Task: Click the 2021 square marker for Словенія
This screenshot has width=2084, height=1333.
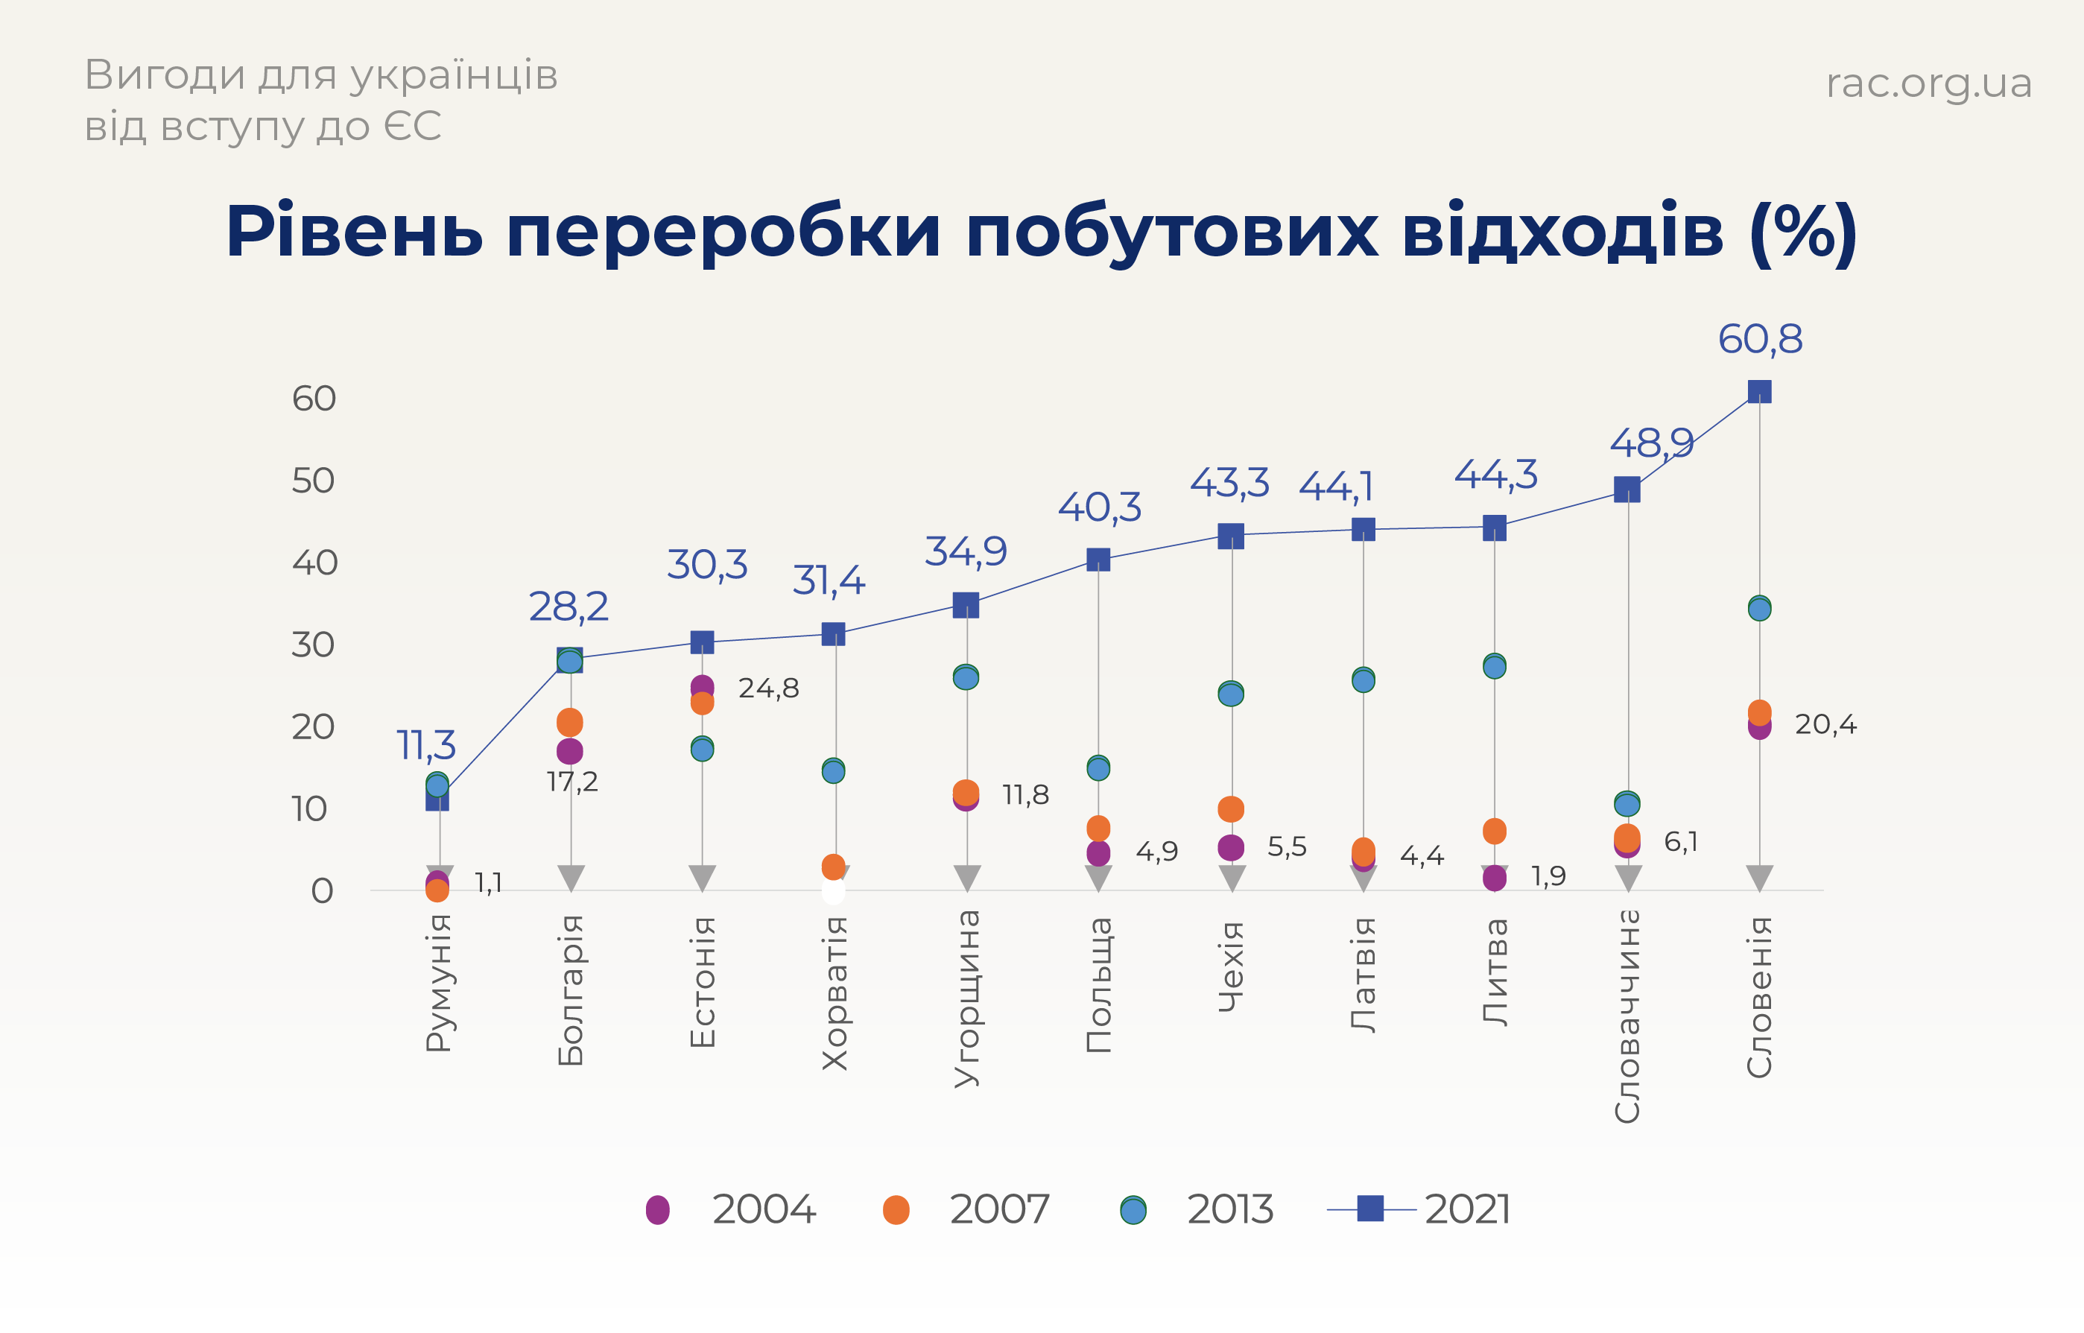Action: (1759, 392)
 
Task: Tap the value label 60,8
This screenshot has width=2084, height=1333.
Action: (1759, 339)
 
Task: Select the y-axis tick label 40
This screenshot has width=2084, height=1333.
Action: (314, 563)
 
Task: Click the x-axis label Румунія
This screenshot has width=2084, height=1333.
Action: (439, 983)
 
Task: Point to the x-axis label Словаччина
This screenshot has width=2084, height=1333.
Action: (1627, 1016)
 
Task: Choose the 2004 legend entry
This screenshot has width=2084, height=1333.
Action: (658, 1209)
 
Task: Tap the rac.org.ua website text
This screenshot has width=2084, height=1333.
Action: (1928, 84)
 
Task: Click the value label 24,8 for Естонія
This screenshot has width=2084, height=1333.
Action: (768, 689)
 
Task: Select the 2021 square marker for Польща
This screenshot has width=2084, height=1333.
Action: (1098, 560)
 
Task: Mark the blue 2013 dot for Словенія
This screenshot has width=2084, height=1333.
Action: (1759, 609)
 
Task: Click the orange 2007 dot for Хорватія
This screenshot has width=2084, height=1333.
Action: (834, 867)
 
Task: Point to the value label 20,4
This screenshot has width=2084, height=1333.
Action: (1825, 724)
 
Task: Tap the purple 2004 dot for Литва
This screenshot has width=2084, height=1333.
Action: (1495, 878)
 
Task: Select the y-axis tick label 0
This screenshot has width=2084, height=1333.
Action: (322, 890)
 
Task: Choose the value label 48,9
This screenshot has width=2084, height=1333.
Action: (1651, 444)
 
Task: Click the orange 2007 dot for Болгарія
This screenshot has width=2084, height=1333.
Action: (569, 722)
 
